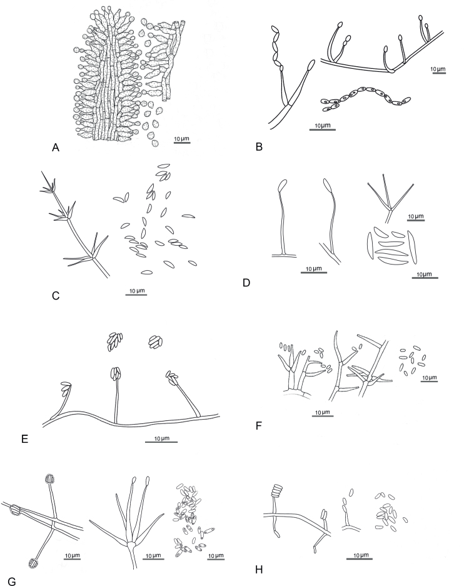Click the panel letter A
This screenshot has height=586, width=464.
[56, 148]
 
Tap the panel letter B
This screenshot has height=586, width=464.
[259, 147]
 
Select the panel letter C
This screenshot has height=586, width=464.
[56, 296]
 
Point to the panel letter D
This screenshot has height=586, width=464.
[246, 283]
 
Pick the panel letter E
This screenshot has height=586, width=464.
[24, 439]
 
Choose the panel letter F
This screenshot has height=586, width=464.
[258, 425]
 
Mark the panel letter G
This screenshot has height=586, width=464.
[12, 582]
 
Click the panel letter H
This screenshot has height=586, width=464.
[259, 570]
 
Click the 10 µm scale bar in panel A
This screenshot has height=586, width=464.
[182, 143]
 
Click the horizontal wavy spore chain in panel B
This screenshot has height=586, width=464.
[365, 99]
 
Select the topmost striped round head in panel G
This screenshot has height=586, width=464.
[49, 478]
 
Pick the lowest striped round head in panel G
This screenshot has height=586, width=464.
[34, 563]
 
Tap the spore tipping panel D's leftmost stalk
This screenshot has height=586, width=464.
[283, 185]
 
